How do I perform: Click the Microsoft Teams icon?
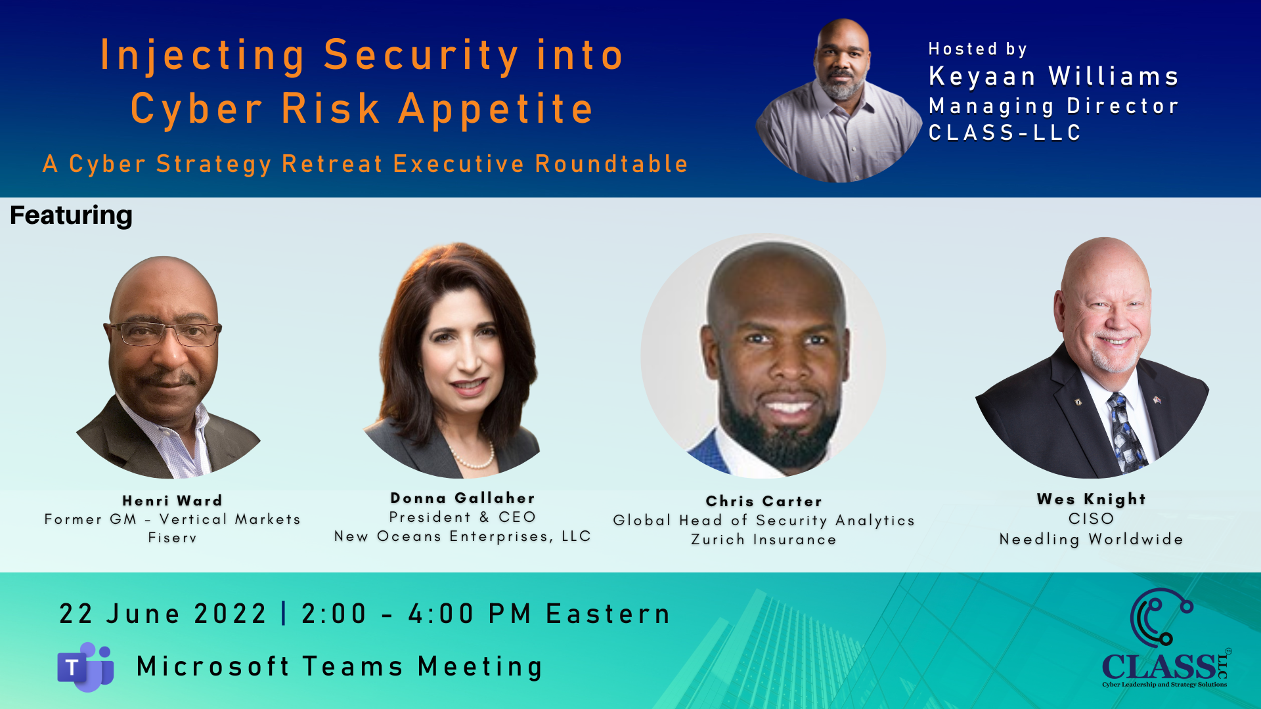85,667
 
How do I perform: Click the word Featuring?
71,215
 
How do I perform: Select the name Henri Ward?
172,500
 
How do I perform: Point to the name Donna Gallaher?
463,498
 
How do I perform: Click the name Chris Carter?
764,502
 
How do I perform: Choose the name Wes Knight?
1092,500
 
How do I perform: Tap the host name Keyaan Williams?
1053,76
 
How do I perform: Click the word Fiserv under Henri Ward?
172,538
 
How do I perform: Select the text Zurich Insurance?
764,540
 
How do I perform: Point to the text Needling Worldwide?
1092,540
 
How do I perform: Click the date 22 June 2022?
163,614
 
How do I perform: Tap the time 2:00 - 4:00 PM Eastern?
486,614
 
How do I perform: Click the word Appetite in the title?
497,109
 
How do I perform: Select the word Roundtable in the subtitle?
611,163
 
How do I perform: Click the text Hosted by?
977,49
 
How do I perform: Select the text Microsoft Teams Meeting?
340,666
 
